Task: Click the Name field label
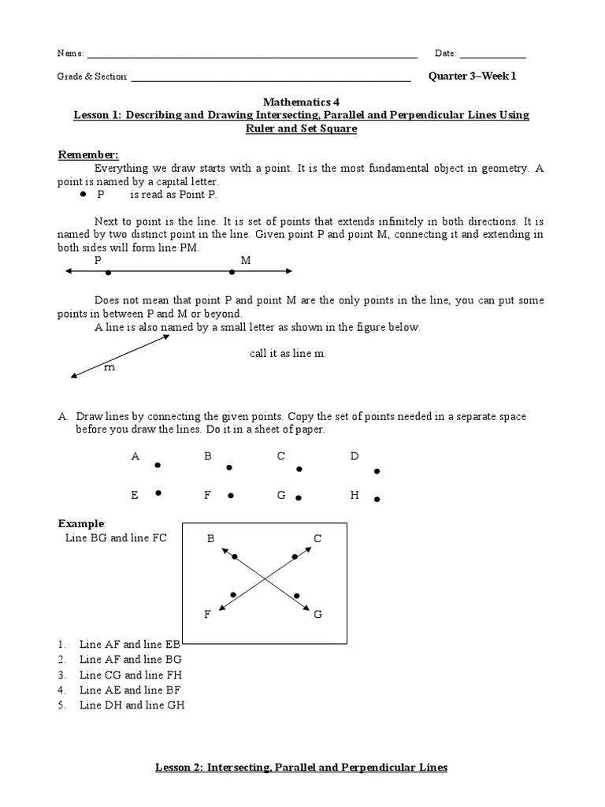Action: coord(70,54)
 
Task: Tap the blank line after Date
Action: coord(492,55)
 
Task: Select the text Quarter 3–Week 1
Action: coord(472,76)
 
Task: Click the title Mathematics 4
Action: coord(302,102)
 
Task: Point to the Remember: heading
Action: coord(88,154)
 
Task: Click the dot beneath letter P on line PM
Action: coord(108,273)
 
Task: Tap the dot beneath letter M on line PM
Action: coord(232,273)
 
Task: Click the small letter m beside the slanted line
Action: coord(109,367)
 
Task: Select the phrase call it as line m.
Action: coord(288,354)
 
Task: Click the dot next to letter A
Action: coord(158,465)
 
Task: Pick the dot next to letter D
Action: coord(377,471)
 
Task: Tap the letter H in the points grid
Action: coord(354,495)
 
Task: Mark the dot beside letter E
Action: coord(158,493)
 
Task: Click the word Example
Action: coord(81,524)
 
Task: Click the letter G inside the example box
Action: coord(317,614)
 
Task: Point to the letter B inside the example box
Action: coord(210,538)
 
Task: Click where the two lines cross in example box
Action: coord(264,580)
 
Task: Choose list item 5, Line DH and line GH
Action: coord(132,705)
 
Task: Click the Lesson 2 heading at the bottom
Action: coord(301,767)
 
